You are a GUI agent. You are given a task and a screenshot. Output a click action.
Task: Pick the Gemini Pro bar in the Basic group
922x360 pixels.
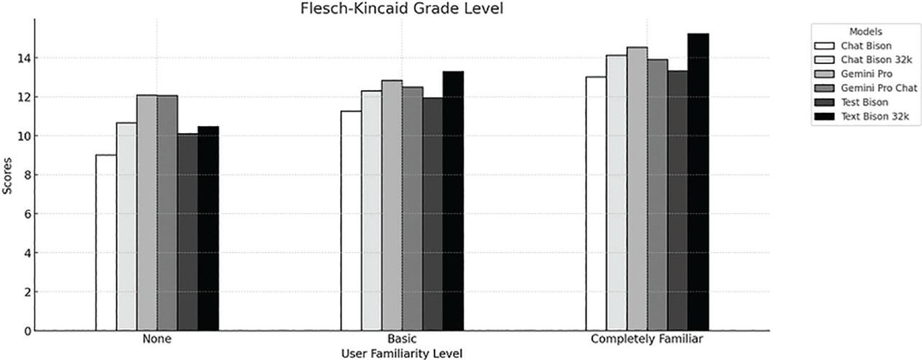coord(392,206)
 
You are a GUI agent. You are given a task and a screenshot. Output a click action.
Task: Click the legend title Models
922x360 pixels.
coord(866,32)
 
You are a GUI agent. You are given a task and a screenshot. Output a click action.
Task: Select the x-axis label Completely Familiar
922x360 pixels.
coord(646,338)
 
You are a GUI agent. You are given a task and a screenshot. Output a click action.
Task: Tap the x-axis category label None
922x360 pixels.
coord(156,338)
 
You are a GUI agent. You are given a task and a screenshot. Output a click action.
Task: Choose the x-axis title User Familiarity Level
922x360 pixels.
coord(401,353)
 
